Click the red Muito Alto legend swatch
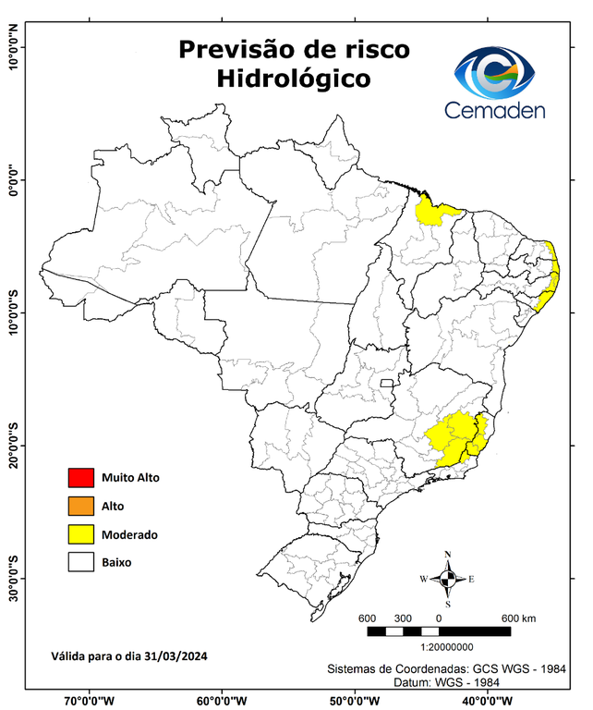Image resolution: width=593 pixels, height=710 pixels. click(x=80, y=478)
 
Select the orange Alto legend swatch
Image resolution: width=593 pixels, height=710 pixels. click(x=80, y=506)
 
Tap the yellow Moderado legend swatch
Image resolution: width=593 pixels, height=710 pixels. click(x=80, y=533)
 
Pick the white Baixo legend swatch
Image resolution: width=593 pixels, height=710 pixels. click(x=80, y=561)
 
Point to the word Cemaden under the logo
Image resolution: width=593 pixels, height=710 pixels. click(x=495, y=111)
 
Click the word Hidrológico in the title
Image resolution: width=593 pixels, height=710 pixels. click(x=293, y=79)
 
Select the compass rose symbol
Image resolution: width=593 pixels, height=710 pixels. click(x=448, y=579)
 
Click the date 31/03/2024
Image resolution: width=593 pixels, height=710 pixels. click(x=173, y=656)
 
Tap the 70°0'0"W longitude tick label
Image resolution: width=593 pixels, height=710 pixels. click(x=90, y=700)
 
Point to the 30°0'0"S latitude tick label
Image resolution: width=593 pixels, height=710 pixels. click(x=14, y=577)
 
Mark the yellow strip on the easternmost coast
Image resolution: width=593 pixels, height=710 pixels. click(x=552, y=277)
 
